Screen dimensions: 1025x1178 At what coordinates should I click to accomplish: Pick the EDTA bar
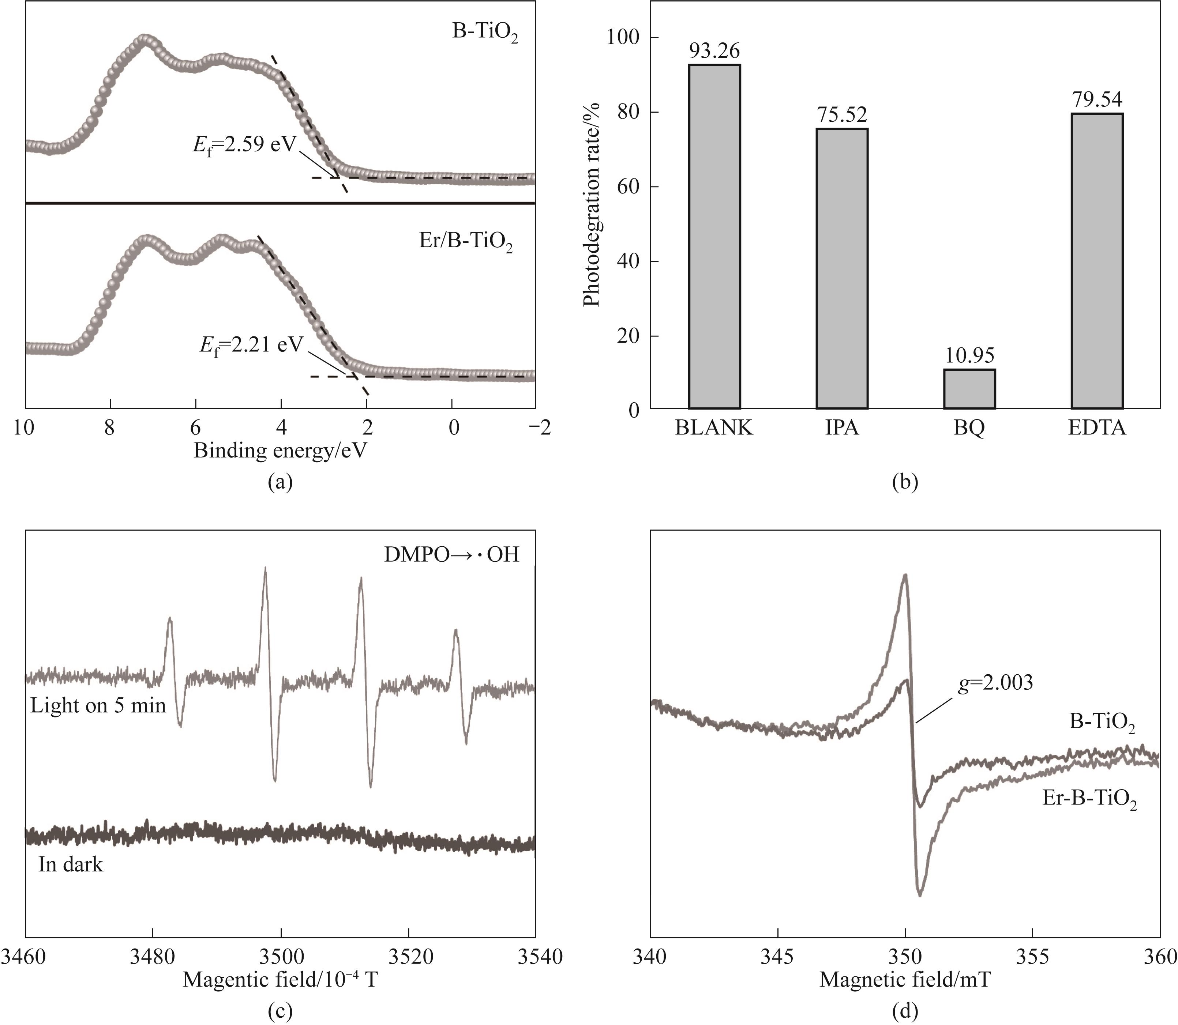click(1097, 261)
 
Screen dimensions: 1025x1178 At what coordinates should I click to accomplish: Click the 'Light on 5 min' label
click(98, 705)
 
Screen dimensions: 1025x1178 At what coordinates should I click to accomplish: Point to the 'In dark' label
click(71, 864)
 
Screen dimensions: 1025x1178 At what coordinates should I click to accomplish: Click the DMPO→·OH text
click(451, 555)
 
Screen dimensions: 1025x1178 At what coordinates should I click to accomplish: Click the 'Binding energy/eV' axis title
click(280, 451)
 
